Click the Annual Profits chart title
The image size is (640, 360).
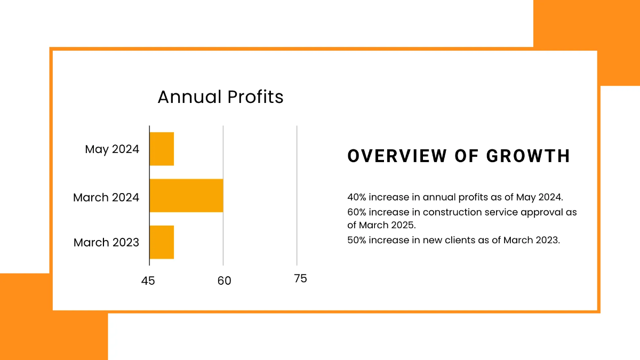click(220, 97)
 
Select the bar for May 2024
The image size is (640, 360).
click(162, 149)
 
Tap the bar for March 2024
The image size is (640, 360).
click(186, 196)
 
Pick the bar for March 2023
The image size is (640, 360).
click(162, 242)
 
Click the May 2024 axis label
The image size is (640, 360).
click(112, 149)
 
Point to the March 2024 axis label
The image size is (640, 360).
click(106, 197)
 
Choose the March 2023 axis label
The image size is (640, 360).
click(106, 243)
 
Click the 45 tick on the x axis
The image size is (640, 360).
click(148, 281)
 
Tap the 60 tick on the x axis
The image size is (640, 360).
click(224, 281)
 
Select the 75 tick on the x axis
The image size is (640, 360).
click(300, 278)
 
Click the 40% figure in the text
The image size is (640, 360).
click(356, 197)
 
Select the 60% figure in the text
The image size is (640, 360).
click(356, 212)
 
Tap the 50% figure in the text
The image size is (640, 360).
click(356, 240)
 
